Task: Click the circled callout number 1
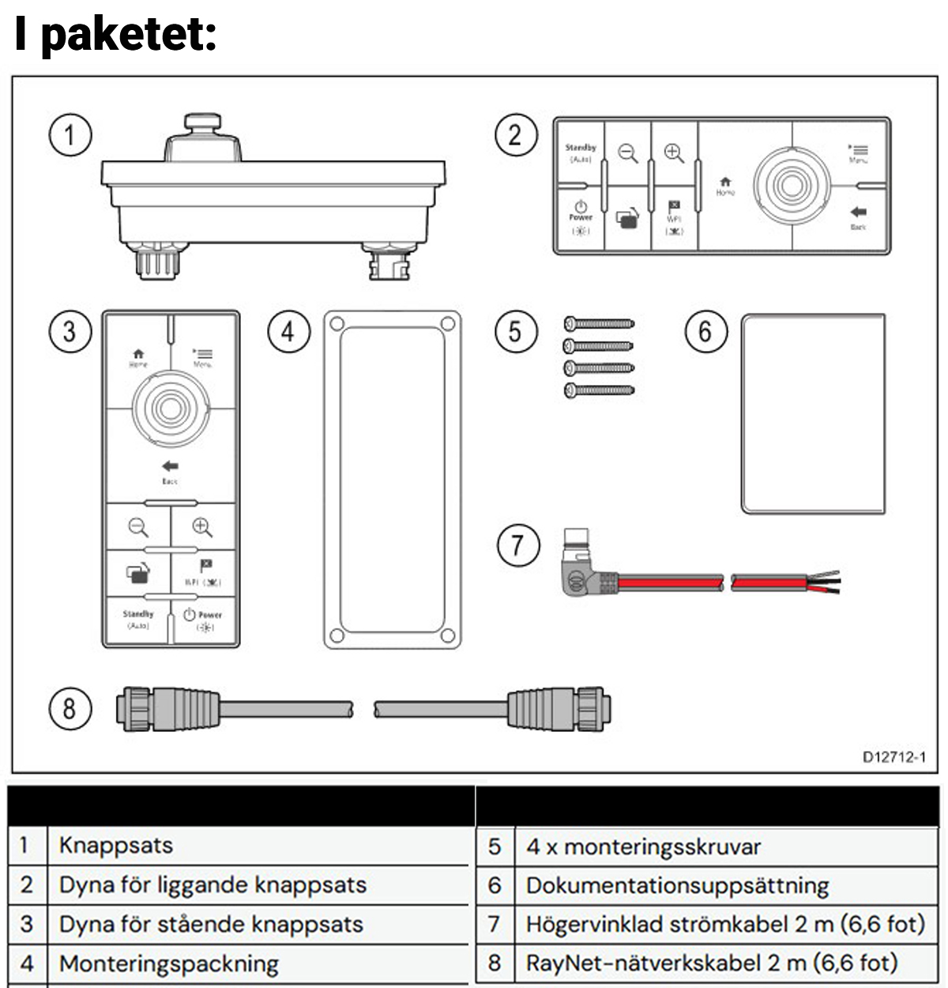click(70, 135)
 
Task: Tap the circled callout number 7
click(517, 545)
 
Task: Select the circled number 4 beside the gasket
click(288, 331)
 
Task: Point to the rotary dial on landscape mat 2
click(791, 185)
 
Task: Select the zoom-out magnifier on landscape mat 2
click(628, 153)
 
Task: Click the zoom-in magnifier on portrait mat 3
click(202, 527)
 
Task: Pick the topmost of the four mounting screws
click(599, 323)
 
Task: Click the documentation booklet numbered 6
click(813, 413)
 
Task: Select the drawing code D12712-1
click(893, 757)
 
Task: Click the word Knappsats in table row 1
click(115, 845)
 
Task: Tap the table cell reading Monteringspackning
click(168, 963)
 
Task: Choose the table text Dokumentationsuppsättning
click(677, 885)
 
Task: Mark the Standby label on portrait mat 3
click(138, 614)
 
